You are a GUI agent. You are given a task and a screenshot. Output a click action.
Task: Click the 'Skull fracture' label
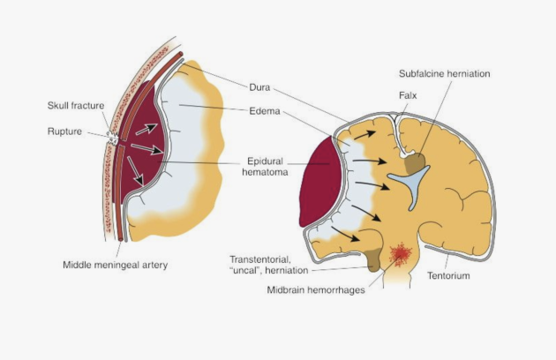click(x=76, y=106)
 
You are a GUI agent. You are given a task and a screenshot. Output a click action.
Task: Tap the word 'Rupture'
click(x=64, y=131)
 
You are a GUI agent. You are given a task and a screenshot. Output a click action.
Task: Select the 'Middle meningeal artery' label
click(x=116, y=265)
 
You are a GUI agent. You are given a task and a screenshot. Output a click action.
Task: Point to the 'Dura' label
click(x=259, y=87)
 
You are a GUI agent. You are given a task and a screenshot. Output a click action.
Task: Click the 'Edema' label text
click(x=265, y=111)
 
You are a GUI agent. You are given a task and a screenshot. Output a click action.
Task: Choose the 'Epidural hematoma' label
click(x=266, y=167)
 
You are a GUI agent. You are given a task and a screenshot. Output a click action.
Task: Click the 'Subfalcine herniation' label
click(x=444, y=74)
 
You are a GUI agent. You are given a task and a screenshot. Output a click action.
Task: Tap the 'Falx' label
click(x=408, y=95)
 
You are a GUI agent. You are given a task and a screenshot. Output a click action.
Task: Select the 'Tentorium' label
click(x=448, y=275)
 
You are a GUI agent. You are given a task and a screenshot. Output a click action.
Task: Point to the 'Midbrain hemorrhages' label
click(x=316, y=290)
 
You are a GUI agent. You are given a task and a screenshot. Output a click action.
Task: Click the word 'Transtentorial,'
click(x=260, y=259)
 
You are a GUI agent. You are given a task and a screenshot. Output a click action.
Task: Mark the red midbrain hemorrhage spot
click(x=401, y=254)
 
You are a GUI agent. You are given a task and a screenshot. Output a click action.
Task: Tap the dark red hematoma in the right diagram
click(x=320, y=183)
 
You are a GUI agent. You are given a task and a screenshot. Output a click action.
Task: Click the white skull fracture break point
click(x=114, y=138)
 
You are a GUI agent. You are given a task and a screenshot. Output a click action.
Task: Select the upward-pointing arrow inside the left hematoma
click(x=147, y=130)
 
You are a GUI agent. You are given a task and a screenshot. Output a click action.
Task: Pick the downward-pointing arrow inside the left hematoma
click(x=135, y=171)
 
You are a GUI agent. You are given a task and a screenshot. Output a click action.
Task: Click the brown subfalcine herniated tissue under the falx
click(x=415, y=163)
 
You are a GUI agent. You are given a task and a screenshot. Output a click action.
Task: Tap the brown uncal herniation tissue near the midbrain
click(x=372, y=260)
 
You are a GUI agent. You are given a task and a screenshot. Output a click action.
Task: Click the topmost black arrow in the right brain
click(x=364, y=135)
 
